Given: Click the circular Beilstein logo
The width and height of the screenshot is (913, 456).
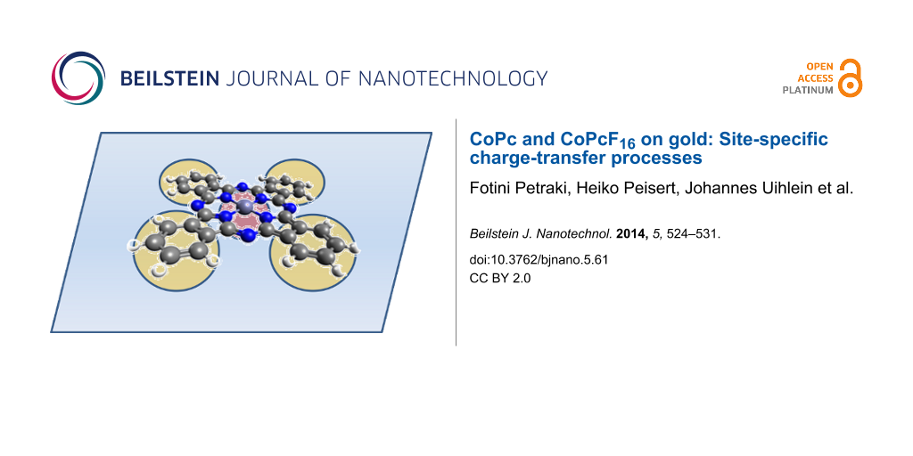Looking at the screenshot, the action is tap(78, 78).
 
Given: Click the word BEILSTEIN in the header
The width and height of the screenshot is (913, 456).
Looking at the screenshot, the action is tap(169, 78).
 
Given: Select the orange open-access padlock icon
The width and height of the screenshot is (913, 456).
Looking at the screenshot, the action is tap(851, 77).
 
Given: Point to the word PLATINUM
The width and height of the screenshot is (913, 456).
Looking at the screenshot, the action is tap(808, 90).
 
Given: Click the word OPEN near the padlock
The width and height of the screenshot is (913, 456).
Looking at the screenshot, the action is tap(820, 66).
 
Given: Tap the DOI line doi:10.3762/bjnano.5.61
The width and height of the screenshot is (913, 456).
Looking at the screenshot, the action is tap(539, 260).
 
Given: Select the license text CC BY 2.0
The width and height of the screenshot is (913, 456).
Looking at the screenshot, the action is tap(500, 278).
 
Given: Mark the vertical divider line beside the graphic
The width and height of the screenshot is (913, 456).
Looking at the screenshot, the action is tap(456, 232).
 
